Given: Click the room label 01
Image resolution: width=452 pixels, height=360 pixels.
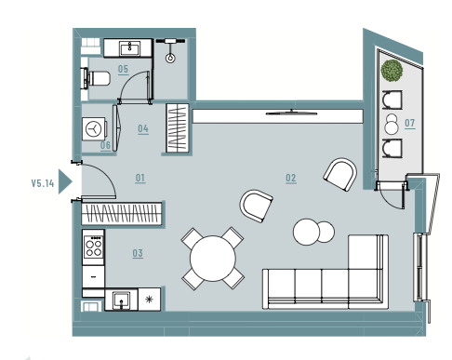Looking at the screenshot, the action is (140, 178).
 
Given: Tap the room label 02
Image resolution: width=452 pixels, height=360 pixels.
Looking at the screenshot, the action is (291, 178).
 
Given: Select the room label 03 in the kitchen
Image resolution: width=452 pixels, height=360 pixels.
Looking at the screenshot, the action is (138, 253).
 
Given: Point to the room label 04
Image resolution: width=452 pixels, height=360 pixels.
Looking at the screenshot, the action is (143, 128).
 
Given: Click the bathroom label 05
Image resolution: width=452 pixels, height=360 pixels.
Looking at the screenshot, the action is (123, 69).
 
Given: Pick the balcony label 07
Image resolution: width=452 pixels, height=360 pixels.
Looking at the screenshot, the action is (410, 124).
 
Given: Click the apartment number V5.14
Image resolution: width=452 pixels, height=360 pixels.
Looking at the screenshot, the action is (43, 183).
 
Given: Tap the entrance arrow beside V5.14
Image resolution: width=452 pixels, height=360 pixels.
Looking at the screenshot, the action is (65, 181).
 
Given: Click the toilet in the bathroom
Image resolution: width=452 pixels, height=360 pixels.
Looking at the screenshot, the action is (96, 78).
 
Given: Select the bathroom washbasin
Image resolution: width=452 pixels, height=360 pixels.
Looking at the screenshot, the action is (130, 48).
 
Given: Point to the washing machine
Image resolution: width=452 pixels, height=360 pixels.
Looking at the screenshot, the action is (94, 128).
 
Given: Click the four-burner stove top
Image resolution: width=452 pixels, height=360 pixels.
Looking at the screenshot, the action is (93, 247).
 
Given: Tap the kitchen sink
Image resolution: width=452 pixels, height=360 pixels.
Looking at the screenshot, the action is (121, 300).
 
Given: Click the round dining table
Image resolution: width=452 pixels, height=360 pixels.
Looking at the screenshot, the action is (213, 259).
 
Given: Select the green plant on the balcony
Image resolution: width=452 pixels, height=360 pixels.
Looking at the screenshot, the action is (392, 71).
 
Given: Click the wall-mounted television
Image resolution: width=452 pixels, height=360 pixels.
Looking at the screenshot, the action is (291, 113).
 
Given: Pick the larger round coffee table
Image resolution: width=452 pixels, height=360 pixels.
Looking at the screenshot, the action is (306, 232).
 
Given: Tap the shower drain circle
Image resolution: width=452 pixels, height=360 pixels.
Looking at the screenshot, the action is (170, 58).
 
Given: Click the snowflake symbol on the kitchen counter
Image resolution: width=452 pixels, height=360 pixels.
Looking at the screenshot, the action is (150, 300).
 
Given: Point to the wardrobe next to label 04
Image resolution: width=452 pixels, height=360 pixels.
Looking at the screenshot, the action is (178, 128).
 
